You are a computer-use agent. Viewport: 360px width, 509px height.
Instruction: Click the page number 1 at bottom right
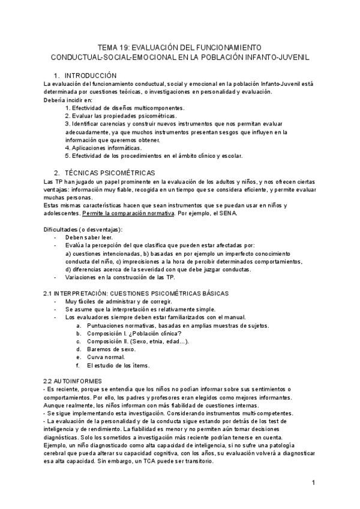click(313, 483)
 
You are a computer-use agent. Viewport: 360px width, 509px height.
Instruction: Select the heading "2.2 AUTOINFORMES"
click(73, 381)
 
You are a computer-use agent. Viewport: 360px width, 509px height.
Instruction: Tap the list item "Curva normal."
click(106, 357)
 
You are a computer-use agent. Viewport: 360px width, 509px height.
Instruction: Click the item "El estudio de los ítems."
click(118, 365)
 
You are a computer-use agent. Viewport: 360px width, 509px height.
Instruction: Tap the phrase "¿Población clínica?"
click(156, 333)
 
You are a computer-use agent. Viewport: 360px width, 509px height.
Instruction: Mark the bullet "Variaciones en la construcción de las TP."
click(120, 277)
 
